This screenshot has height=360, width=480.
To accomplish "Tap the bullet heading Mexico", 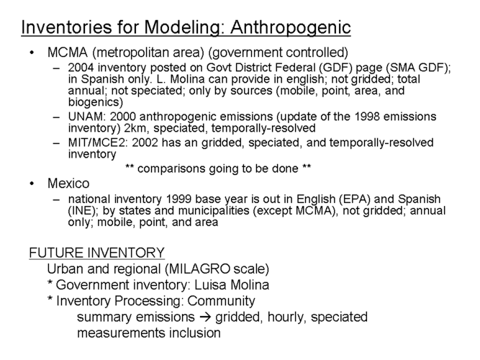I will (x=65, y=183).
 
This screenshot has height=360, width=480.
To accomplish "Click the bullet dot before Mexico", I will (x=32, y=184).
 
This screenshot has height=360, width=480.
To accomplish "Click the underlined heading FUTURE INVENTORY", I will (x=97, y=254).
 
